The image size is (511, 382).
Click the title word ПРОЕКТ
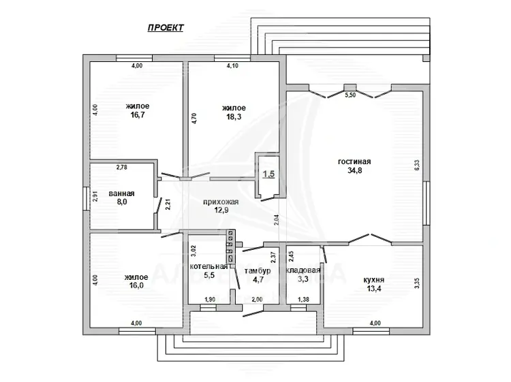pyautogui.click(x=166, y=28)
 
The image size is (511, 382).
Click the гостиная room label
pyautogui.click(x=354, y=161)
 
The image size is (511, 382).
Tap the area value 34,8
pyautogui.click(x=354, y=170)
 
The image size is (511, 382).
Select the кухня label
pyautogui.click(x=374, y=280)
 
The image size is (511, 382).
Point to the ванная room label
pyautogui.click(x=121, y=193)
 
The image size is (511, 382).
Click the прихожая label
pyautogui.click(x=221, y=202)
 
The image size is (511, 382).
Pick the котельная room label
pyautogui.click(x=208, y=266)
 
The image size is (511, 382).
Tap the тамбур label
pyautogui.click(x=258, y=270)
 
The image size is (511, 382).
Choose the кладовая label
pyautogui.click(x=303, y=270)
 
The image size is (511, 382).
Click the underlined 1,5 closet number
pyautogui.click(x=269, y=174)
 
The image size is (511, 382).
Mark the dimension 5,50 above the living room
pyautogui.click(x=350, y=95)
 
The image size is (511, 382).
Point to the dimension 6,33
pyautogui.click(x=417, y=164)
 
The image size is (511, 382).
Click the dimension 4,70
pyautogui.click(x=194, y=118)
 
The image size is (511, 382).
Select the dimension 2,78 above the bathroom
pyautogui.click(x=121, y=168)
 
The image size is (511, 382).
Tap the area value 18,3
pyautogui.click(x=234, y=116)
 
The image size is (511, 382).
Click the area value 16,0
pyautogui.click(x=136, y=285)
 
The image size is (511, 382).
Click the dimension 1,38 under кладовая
pyautogui.click(x=304, y=300)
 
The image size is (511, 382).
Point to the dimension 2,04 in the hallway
pyautogui.click(x=277, y=221)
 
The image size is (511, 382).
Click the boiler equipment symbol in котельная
pyautogui.click(x=231, y=246)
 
